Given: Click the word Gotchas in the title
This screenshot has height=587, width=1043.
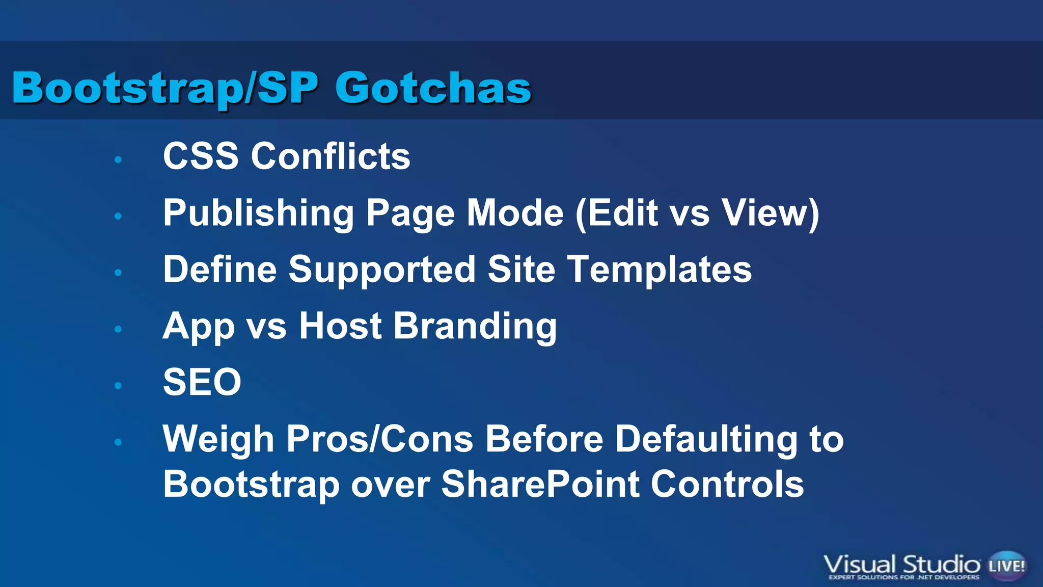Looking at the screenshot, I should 433,88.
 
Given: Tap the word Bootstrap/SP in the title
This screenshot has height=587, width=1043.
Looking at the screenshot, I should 166,88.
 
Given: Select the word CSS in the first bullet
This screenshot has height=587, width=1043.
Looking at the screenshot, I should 201,156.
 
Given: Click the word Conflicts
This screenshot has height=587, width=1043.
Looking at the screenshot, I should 331,156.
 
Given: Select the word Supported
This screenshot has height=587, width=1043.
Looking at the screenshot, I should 382,270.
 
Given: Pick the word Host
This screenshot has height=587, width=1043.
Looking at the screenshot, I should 340,326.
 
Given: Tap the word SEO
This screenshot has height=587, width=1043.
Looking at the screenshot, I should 202,382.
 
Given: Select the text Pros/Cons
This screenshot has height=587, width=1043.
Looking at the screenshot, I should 379,439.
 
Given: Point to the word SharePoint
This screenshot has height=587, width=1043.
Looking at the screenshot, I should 540,484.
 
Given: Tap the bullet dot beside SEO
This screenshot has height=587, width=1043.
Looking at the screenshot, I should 118,386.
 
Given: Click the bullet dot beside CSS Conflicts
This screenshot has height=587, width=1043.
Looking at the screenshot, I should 118,159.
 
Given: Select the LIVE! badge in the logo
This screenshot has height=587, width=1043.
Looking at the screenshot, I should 1006,566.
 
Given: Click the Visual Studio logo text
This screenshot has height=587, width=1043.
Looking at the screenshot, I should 901,565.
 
